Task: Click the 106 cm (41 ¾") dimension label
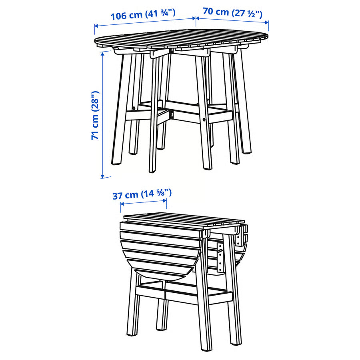pos(143,16)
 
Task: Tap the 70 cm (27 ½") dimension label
pos(232,12)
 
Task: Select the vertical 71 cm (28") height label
pos(95,116)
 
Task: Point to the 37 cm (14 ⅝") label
pos(142,195)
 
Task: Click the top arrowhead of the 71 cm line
pos(103,54)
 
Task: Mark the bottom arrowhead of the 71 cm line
pos(103,176)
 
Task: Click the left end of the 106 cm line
pos(95,27)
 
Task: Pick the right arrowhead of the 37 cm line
pos(166,204)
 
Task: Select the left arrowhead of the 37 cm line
pos(121,204)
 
